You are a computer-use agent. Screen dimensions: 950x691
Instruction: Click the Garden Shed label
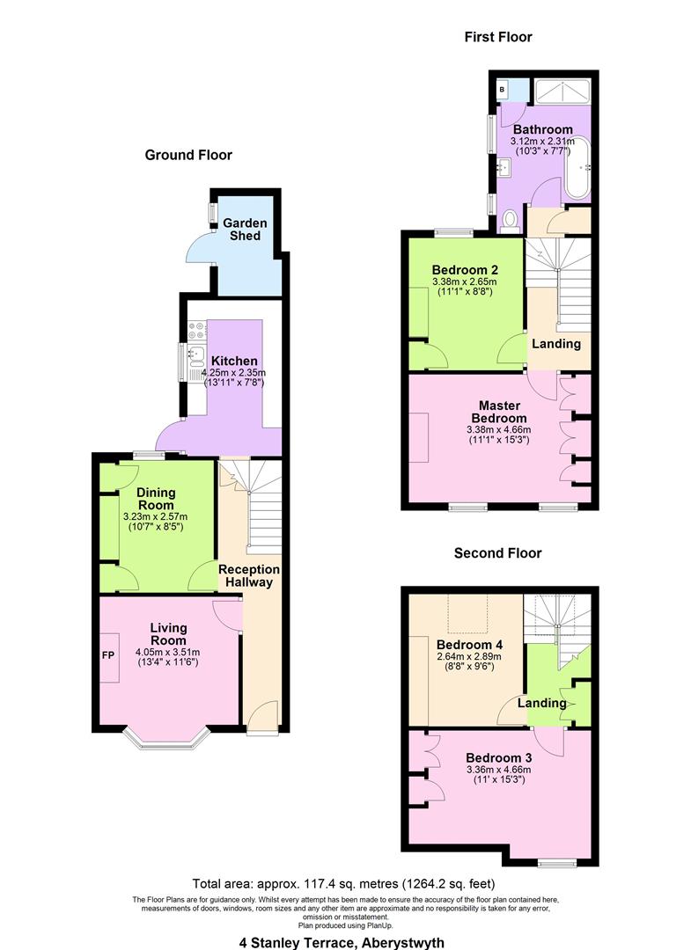pos(244,229)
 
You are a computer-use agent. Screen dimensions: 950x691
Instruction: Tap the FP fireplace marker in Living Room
pos(107,654)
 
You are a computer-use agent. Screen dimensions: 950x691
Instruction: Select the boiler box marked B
pos(502,89)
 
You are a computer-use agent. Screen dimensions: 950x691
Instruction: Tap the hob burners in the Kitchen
pos(197,330)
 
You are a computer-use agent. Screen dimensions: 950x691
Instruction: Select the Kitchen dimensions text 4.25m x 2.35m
pos(233,373)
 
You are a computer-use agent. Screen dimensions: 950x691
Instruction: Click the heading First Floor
pos(498,37)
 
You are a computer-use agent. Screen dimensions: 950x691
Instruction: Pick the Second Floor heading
pos(497,553)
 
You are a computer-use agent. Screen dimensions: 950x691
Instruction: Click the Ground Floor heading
pos(188,155)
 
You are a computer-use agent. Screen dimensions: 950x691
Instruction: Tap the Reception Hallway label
pos(249,575)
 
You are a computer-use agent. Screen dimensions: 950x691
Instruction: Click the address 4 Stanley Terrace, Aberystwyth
pos(343,941)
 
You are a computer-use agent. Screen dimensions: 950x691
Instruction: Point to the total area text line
pos(343,883)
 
